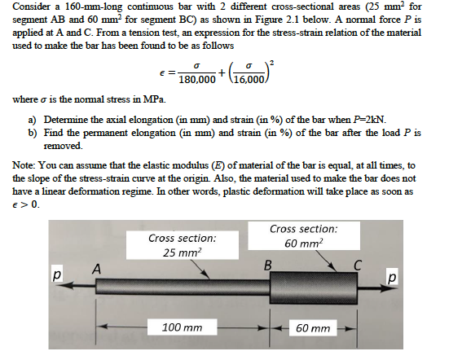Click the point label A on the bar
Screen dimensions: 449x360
[x=95, y=267]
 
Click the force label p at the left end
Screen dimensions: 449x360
[x=57, y=278]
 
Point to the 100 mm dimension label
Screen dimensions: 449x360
[x=182, y=328]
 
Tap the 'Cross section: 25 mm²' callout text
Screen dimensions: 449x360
[x=183, y=245]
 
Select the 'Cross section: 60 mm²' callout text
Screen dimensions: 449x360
[x=304, y=236]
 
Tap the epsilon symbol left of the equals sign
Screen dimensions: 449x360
[x=167, y=72]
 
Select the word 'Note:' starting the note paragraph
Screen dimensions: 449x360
[x=27, y=164]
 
